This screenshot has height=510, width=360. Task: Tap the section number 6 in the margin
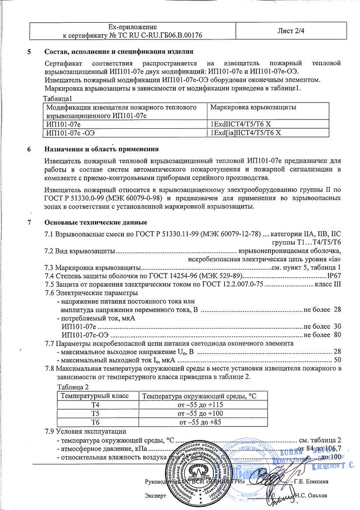click(29, 149)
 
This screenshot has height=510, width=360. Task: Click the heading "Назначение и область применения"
click(99, 149)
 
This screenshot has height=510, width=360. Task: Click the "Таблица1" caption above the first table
click(57, 98)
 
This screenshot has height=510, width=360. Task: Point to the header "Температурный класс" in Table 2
click(95, 396)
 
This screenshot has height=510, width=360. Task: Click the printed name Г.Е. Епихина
click(311, 482)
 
